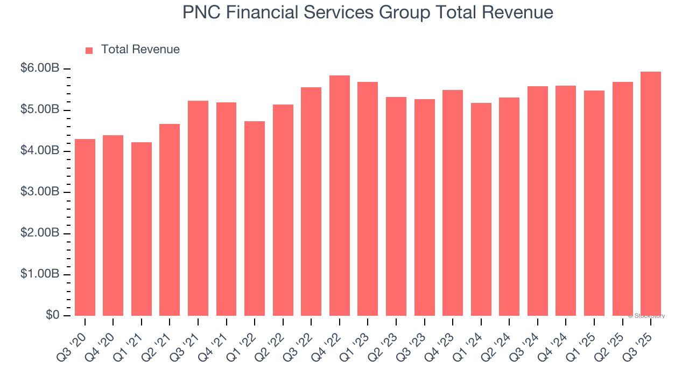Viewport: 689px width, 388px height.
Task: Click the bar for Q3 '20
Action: (85, 227)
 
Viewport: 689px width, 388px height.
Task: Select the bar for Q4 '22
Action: (340, 196)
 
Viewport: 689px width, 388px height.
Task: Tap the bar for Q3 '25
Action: (651, 194)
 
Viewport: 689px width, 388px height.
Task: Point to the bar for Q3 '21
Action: (198, 208)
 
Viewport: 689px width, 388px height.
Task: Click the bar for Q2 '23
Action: (396, 206)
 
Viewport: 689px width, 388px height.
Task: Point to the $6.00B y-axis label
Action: (40, 68)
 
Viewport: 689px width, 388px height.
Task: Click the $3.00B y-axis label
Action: (40, 192)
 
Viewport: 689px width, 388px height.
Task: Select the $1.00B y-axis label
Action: (40, 274)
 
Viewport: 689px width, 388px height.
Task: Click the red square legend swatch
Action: (89, 50)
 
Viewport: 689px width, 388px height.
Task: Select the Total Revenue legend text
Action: (140, 50)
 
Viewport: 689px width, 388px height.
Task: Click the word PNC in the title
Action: (201, 12)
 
